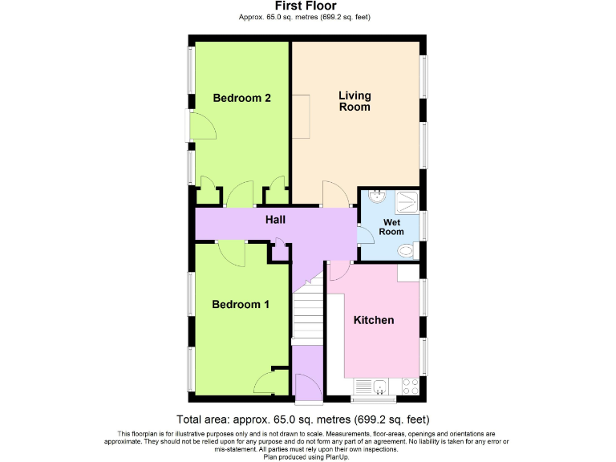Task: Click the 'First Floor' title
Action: (308, 6)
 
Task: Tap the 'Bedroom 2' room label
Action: (241, 98)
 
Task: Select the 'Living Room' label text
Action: (355, 101)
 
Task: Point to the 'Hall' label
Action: (275, 219)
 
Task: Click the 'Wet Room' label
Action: (392, 227)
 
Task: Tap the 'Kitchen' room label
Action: (374, 320)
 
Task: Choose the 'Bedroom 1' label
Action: (241, 304)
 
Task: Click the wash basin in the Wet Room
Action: (377, 197)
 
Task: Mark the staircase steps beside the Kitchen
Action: (307, 318)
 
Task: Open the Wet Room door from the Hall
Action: (365, 234)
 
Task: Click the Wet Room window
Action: (425, 225)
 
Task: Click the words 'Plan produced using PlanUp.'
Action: (308, 456)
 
